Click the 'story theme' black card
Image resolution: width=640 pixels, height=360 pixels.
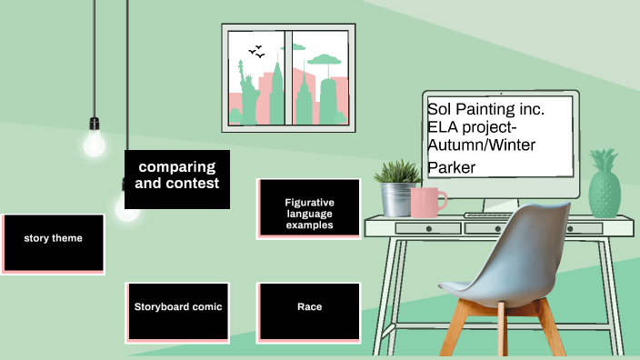[x=53, y=243]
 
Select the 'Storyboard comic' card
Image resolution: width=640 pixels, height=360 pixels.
[x=177, y=312]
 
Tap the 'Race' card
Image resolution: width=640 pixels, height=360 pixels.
[x=309, y=312]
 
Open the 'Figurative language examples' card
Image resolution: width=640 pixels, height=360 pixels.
[x=309, y=208]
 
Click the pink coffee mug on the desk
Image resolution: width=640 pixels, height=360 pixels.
[x=427, y=202]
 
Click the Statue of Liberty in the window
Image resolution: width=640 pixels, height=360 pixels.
[x=248, y=91]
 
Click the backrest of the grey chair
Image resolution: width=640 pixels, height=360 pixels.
[x=539, y=245]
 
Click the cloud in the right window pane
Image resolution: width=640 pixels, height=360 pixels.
[x=325, y=61]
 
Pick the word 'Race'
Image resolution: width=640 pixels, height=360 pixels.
[x=309, y=307]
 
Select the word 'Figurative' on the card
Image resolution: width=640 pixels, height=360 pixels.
[x=309, y=202]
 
